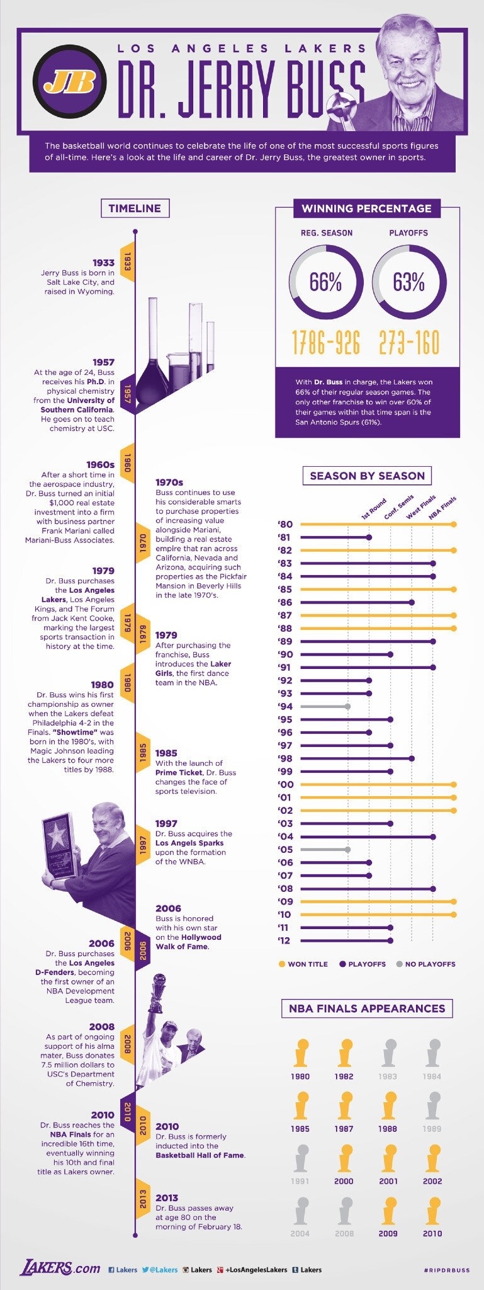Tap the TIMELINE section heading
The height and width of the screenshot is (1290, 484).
[x=135, y=208]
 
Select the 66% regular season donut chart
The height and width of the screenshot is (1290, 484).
[x=325, y=282]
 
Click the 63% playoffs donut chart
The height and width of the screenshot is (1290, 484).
[x=409, y=282]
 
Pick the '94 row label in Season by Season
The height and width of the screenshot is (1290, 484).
[x=285, y=707]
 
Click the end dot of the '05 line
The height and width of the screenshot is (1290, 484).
[x=347, y=849]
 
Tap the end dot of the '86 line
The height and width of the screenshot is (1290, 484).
[x=412, y=602]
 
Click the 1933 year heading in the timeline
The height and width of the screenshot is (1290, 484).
[x=103, y=263]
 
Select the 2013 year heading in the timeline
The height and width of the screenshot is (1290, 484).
[x=167, y=1197]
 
